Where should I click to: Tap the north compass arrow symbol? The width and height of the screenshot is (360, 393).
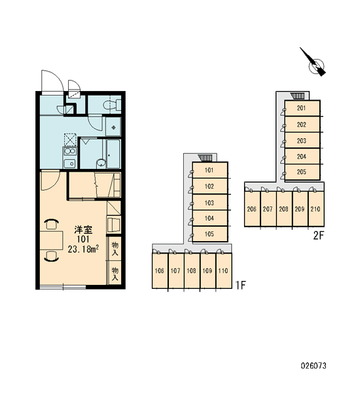(314, 62)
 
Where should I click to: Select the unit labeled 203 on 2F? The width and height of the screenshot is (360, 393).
(302, 141)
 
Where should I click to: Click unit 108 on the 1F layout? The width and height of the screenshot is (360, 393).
(192, 271)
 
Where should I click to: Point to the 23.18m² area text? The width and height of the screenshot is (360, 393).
(83, 249)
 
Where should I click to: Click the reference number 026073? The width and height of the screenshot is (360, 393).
(314, 365)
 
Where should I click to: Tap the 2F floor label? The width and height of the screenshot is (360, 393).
(319, 235)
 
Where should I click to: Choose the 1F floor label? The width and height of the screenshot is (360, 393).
(241, 285)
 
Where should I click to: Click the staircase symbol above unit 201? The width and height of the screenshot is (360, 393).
(297, 96)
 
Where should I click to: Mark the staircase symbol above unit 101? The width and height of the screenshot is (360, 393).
(205, 158)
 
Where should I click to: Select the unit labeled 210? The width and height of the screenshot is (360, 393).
(316, 209)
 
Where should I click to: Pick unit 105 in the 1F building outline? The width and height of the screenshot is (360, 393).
(210, 234)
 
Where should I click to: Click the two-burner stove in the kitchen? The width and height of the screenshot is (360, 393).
(69, 151)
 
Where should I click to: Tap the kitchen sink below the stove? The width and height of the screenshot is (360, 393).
(70, 163)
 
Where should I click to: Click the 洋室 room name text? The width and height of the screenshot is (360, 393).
(83, 230)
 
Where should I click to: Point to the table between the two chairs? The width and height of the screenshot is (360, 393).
(51, 240)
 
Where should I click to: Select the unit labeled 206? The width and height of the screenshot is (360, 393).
(252, 209)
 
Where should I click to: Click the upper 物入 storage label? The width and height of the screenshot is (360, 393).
(115, 248)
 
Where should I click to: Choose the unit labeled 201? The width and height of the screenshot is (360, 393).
(302, 108)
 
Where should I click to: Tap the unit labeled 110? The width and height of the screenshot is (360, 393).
(224, 271)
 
